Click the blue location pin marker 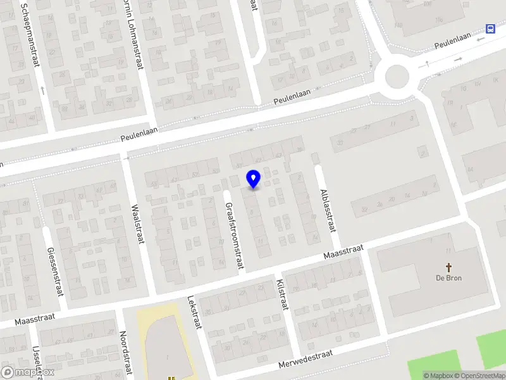point(254,179)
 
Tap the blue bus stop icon point(490,28)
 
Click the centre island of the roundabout point(397,77)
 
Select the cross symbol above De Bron point(449,267)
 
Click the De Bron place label point(448,278)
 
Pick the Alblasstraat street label point(326,210)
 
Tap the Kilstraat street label point(283,294)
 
